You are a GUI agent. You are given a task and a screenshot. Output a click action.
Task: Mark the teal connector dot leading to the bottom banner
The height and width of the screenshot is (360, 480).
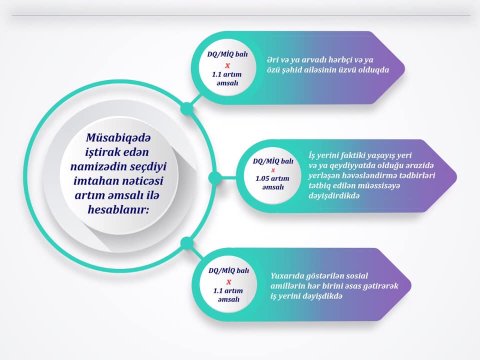tap(185, 242)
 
